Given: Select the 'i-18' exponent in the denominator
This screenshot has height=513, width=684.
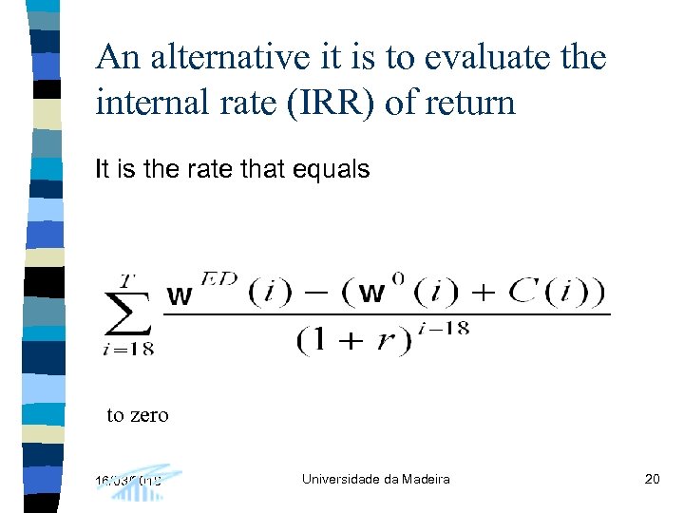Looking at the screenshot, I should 444,329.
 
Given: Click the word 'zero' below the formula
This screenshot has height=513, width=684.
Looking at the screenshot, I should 151,415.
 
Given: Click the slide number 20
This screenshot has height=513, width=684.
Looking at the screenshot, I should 652,479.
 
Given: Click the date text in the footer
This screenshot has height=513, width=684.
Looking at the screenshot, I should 128,480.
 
